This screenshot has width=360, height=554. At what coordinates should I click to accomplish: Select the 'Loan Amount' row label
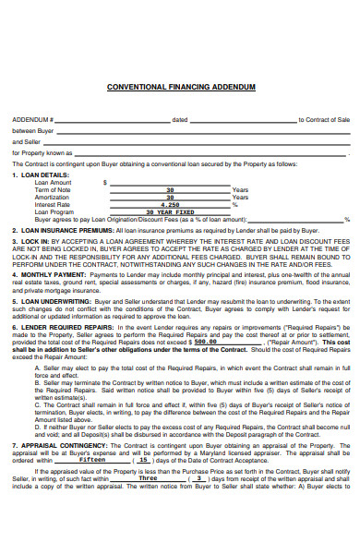click(53, 182)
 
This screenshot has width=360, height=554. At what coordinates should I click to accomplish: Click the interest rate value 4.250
click(170, 204)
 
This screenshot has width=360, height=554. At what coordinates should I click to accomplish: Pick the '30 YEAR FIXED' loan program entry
click(170, 211)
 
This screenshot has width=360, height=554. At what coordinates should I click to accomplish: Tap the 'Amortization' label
click(52, 197)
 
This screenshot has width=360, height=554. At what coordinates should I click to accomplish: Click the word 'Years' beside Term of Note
click(240, 189)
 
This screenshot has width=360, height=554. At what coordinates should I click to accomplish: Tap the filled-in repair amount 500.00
click(206, 341)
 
